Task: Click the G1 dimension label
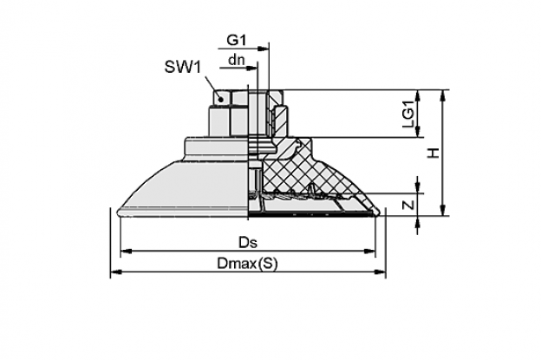(237, 41)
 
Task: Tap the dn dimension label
(237, 60)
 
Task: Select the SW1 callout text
(183, 67)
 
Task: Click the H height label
(433, 153)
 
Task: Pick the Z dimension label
(408, 206)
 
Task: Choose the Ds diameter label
(248, 242)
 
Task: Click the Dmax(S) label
(247, 264)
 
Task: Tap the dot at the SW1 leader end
(221, 100)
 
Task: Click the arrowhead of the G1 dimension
(264, 49)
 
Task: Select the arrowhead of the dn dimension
(252, 69)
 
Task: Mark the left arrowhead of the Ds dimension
(126, 252)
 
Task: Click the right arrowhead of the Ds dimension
(369, 252)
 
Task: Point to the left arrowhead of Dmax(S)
(116, 272)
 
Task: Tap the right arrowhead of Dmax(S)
(381, 272)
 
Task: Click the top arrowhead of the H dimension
(443, 95)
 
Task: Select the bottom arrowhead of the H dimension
(443, 211)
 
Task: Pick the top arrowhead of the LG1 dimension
(418, 95)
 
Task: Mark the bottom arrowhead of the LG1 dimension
(418, 132)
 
